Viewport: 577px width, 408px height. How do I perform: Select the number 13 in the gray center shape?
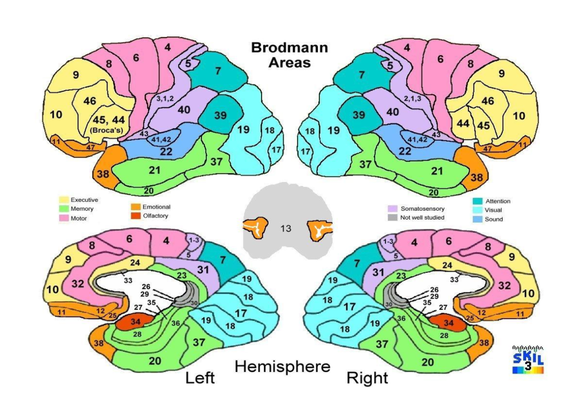tap(286, 229)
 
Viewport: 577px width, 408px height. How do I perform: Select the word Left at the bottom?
tap(200, 378)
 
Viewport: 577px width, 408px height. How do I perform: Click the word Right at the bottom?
tap(367, 378)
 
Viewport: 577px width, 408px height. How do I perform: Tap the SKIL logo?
tap(528, 359)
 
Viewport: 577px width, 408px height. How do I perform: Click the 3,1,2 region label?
tap(166, 98)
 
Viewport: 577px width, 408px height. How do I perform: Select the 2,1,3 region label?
tap(413, 98)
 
